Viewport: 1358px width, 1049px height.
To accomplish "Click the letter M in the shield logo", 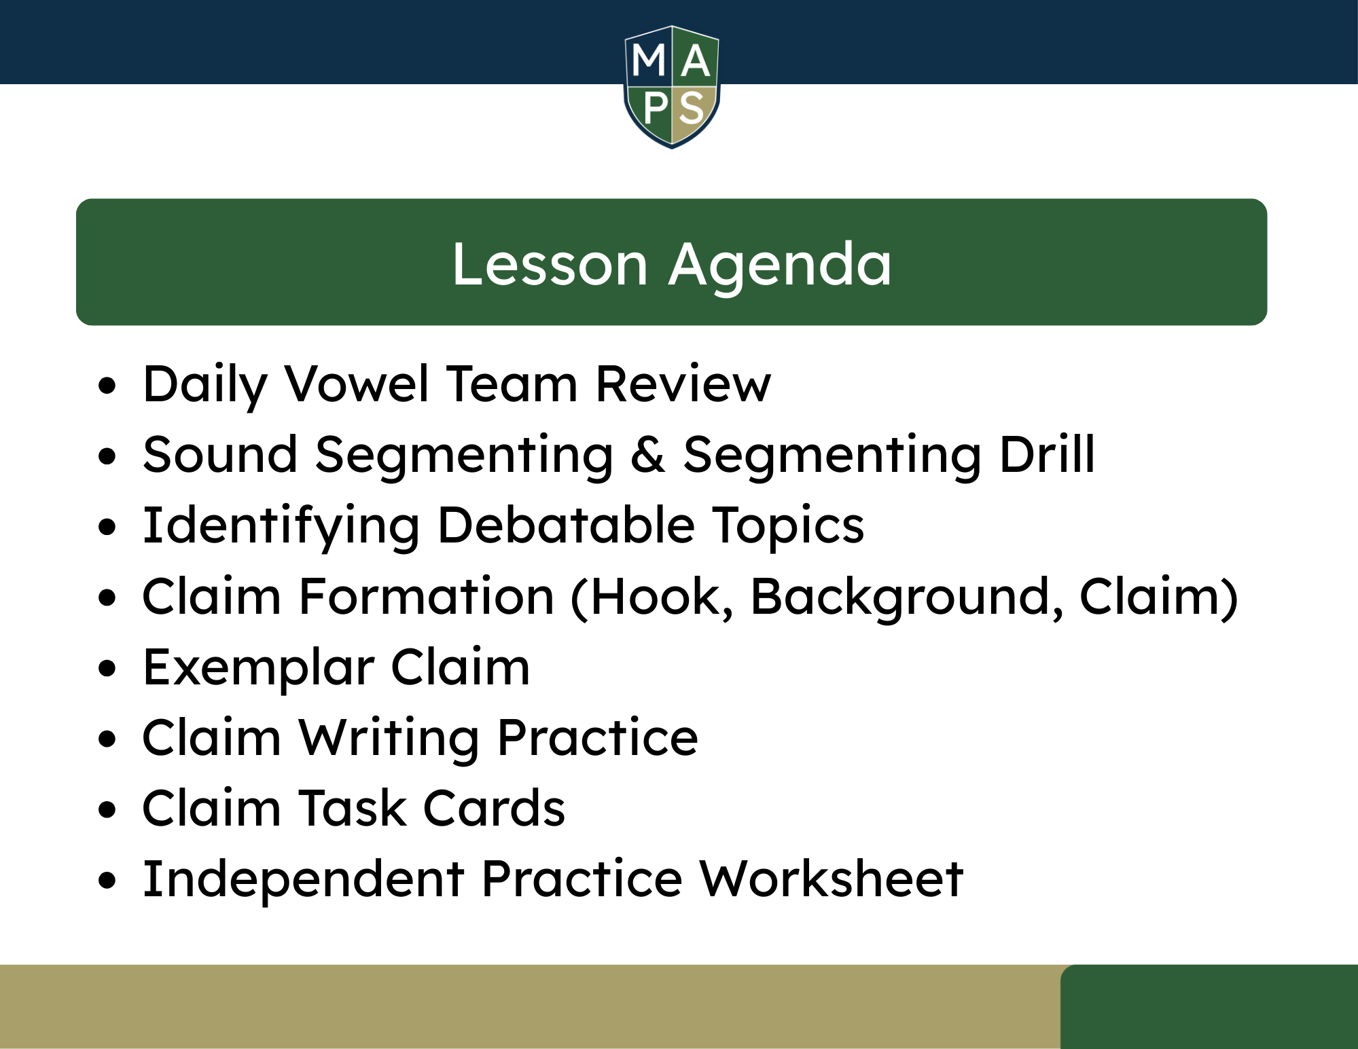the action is pyautogui.click(x=649, y=60).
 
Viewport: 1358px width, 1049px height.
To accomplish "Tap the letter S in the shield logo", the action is pyautogui.click(x=692, y=109).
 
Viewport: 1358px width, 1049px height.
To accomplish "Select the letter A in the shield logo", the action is pyautogui.click(x=695, y=60).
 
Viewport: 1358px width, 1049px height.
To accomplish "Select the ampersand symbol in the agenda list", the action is pyautogui.click(x=647, y=454).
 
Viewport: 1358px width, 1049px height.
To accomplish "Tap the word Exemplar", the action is pyautogui.click(x=258, y=669).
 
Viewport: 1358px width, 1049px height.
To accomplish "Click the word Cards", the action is pyautogui.click(x=494, y=808).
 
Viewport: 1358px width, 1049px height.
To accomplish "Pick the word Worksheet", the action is pyautogui.click(x=831, y=879).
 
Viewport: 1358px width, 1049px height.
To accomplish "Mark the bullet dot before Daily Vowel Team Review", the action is pyautogui.click(x=107, y=386).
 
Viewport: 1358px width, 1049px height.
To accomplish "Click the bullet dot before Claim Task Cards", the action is pyautogui.click(x=107, y=810).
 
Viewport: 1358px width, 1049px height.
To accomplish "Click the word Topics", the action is pyautogui.click(x=788, y=527).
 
